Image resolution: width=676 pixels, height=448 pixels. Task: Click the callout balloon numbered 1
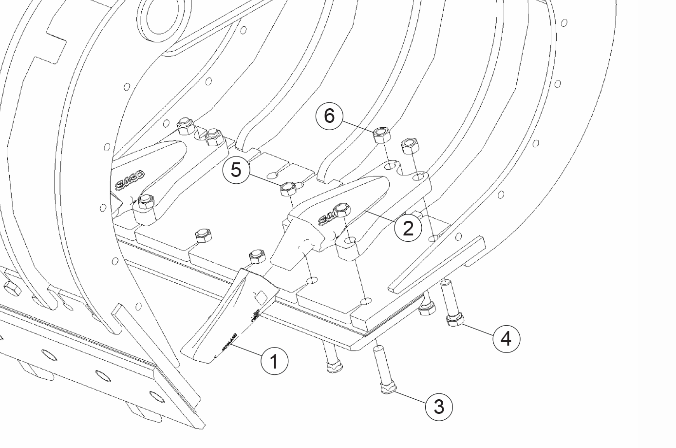274,361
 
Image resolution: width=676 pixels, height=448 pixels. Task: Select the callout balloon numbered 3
439,406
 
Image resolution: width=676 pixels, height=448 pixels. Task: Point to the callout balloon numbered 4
507,338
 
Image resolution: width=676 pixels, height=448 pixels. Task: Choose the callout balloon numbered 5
236,170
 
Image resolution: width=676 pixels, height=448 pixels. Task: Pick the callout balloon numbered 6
330,116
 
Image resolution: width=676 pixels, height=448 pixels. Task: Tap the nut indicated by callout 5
289,188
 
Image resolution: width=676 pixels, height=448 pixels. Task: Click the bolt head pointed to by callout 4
454,321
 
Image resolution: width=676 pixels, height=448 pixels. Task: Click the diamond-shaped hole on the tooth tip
260,296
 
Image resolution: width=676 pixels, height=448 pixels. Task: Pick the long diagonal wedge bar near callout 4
438,263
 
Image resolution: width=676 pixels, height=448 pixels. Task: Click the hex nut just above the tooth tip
257,257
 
